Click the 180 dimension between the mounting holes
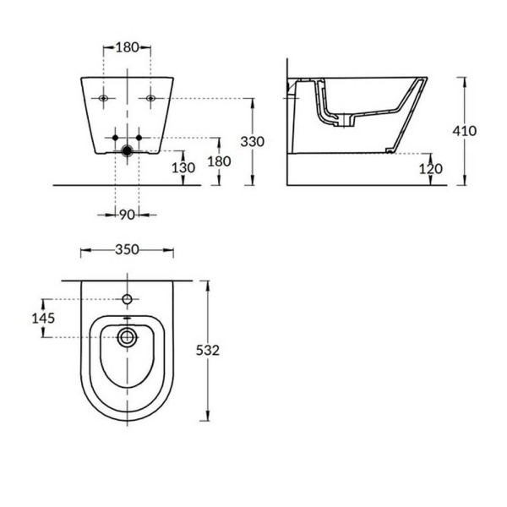127,47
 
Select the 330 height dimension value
253,140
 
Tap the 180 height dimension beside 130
220,161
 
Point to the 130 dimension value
183,167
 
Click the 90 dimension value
127,215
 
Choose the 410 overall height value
465,131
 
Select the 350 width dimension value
127,250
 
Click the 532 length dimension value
208,351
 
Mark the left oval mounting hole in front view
103,99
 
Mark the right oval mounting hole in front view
150,99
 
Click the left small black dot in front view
116,136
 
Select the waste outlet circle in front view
127,152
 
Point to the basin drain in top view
127,337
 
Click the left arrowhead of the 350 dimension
82,250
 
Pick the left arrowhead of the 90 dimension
112,215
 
